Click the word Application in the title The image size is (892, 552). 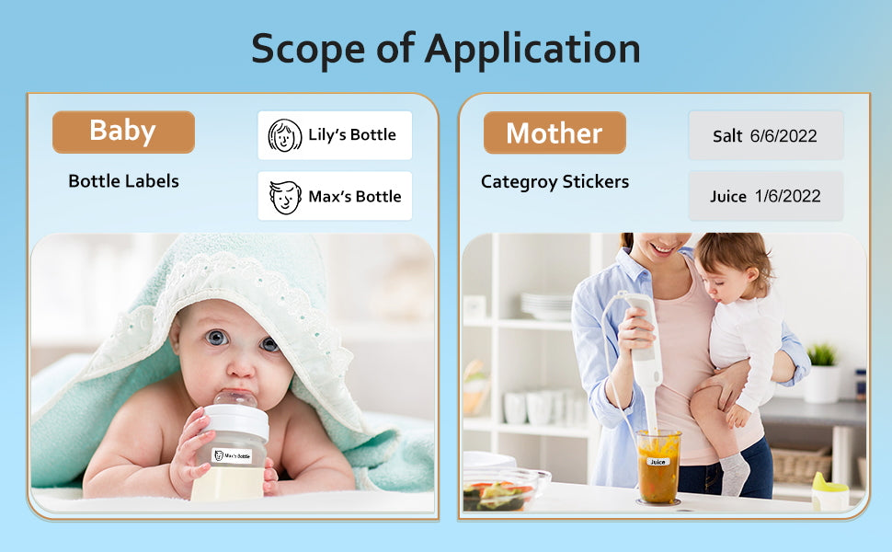click(x=532, y=50)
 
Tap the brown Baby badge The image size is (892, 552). click(x=123, y=132)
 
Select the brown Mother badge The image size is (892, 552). click(x=555, y=132)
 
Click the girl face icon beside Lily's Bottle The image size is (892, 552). click(x=284, y=135)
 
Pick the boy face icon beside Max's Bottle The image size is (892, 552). click(x=285, y=197)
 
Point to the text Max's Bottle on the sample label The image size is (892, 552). click(x=355, y=196)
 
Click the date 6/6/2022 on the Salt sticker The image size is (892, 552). click(x=783, y=136)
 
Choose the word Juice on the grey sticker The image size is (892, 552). click(x=728, y=196)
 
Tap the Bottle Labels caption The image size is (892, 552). click(x=123, y=181)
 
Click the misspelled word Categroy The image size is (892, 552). click(x=519, y=182)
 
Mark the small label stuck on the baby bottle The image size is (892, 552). click(x=232, y=455)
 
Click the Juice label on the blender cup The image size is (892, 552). click(x=658, y=462)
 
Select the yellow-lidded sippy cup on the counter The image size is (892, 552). click(x=830, y=490)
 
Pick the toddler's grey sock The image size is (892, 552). click(x=735, y=474)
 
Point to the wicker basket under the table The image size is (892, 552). click(x=801, y=465)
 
